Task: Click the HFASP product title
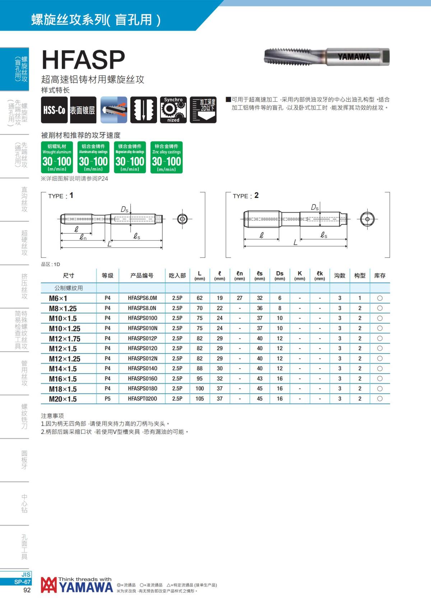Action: click(x=83, y=60)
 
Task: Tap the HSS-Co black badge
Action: click(x=54, y=110)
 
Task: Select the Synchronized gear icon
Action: click(x=173, y=110)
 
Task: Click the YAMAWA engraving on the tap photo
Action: click(x=354, y=57)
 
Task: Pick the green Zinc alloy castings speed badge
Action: click(x=166, y=157)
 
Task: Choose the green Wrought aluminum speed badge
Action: click(x=57, y=157)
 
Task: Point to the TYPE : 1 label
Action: click(x=61, y=196)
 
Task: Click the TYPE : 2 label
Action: click(x=245, y=196)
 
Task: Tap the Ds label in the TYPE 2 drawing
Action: click(x=315, y=207)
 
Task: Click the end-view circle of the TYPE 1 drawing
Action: click(x=182, y=219)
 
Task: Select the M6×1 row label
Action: click(x=58, y=298)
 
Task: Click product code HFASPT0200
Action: click(x=143, y=399)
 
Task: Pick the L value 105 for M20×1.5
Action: click(x=200, y=399)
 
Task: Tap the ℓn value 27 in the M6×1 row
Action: click(x=240, y=298)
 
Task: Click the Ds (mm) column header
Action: click(x=280, y=276)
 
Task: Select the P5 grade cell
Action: click(x=108, y=399)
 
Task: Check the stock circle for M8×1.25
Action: click(x=380, y=308)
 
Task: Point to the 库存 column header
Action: click(x=380, y=276)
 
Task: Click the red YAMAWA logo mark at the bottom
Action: click(x=49, y=585)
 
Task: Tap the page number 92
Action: click(x=27, y=590)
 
